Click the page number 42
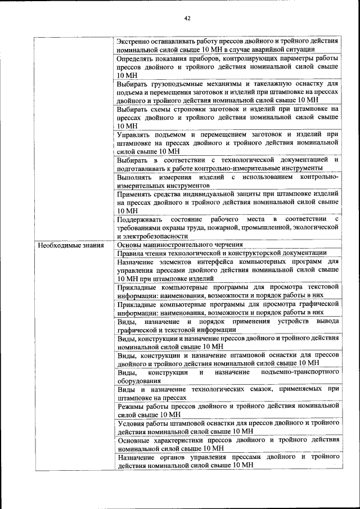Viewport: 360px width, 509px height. click(187, 18)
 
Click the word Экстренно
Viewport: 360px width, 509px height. click(135, 41)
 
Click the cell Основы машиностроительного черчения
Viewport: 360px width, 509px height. click(180, 245)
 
